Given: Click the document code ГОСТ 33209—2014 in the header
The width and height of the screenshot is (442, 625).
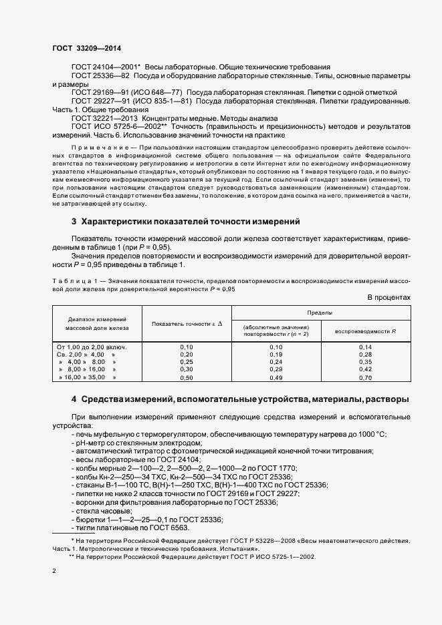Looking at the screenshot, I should click(x=87, y=48).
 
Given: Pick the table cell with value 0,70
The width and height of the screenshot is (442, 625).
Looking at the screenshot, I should click(x=365, y=378).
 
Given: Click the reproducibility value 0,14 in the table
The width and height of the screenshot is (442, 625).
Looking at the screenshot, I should click(x=365, y=347).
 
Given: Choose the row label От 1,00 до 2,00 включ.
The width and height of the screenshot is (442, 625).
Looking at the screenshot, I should click(x=92, y=347).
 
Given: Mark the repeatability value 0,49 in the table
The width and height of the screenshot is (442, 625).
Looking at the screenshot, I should click(x=276, y=378).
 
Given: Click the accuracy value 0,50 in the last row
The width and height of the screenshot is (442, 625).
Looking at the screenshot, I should click(x=187, y=378).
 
